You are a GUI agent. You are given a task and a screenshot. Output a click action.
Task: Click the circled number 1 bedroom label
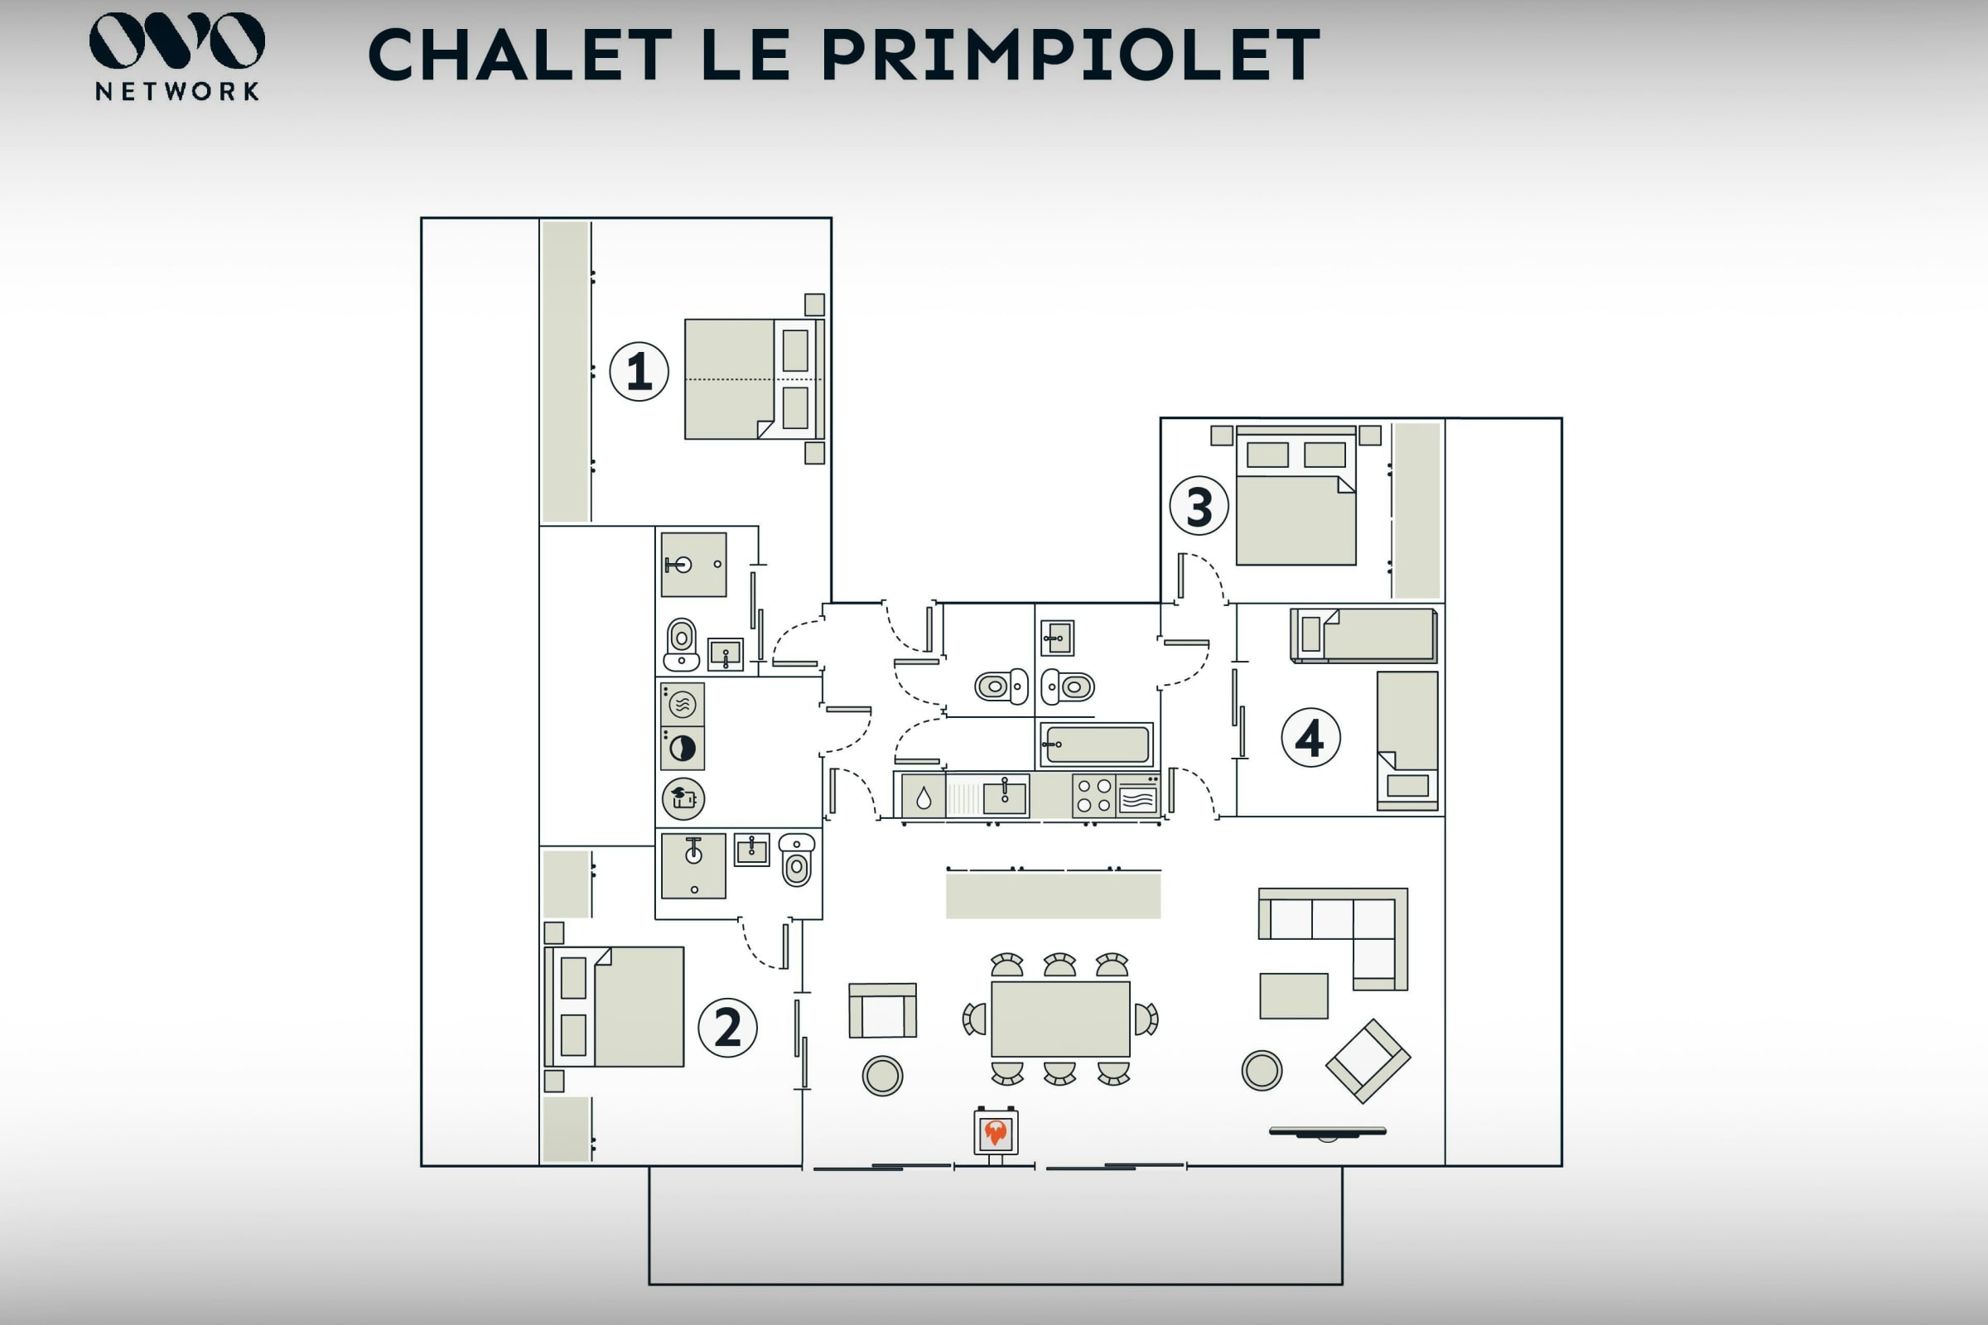click(x=639, y=371)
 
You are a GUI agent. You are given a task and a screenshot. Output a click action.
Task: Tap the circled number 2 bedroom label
click(x=728, y=1028)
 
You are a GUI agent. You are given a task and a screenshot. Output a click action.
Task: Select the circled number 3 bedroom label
click(x=1199, y=506)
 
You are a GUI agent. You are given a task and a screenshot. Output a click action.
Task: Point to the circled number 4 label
click(x=1311, y=738)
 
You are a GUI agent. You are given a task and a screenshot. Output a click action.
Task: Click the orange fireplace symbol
click(x=996, y=1131)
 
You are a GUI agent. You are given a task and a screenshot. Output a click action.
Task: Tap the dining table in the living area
click(x=1061, y=1019)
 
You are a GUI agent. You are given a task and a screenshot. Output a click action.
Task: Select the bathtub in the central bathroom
click(x=1096, y=745)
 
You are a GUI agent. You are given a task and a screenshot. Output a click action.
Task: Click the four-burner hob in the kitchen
click(x=1093, y=796)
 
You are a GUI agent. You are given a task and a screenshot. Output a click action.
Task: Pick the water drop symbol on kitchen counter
click(x=924, y=797)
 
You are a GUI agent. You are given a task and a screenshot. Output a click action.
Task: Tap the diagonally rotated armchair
click(x=1368, y=1062)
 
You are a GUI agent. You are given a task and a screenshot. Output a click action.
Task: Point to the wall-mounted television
click(x=1328, y=1132)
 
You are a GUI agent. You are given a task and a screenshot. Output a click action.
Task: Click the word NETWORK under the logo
click(x=177, y=91)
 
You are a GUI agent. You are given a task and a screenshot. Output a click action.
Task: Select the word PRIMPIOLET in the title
click(x=1070, y=55)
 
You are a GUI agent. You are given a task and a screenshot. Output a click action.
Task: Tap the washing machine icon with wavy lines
click(x=682, y=704)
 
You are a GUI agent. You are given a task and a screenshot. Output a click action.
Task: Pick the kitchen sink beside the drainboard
click(x=1004, y=797)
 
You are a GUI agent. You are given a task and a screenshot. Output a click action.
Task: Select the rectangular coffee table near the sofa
click(x=1294, y=996)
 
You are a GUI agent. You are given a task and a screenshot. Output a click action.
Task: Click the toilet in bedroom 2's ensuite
click(x=797, y=860)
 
